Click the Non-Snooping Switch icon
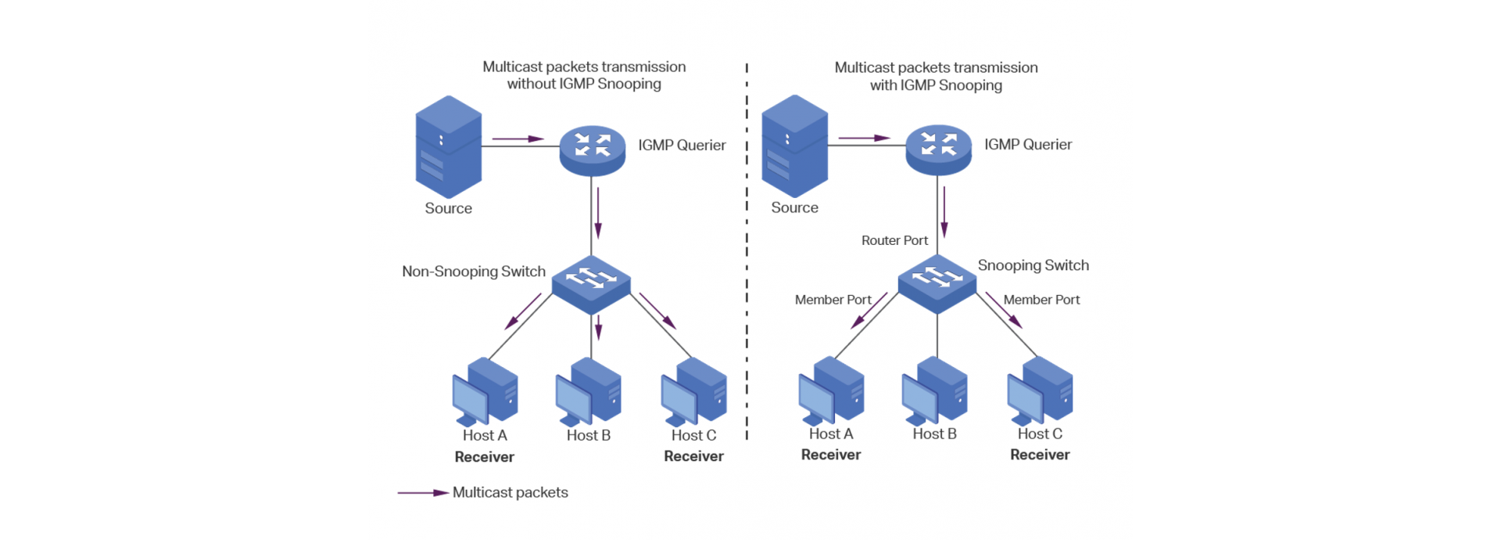591,284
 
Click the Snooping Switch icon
937,283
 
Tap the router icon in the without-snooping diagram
593,149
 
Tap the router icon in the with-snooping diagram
938,148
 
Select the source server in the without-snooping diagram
448,146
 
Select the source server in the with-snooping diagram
794,146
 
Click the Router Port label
894,240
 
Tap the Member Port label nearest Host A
833,300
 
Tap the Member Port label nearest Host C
1041,300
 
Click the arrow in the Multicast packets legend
423,493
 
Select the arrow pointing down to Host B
598,327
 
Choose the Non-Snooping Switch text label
474,272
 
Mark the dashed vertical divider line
747,250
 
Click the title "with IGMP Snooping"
936,85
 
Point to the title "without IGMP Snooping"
584,84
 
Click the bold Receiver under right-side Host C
1040,455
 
